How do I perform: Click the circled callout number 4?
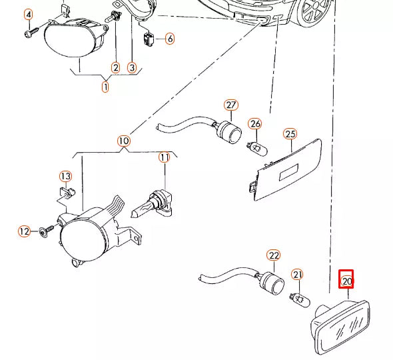pyautogui.click(x=29, y=15)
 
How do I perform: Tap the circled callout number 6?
pyautogui.click(x=170, y=39)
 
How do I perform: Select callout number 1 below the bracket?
pyautogui.click(x=105, y=87)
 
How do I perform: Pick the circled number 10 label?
pyautogui.click(x=124, y=141)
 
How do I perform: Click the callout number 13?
pyautogui.click(x=66, y=176)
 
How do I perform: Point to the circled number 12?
pyautogui.click(x=25, y=231)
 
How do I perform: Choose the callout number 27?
pyautogui.click(x=231, y=105)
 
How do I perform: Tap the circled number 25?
pyautogui.click(x=290, y=134)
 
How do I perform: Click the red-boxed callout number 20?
pyautogui.click(x=346, y=279)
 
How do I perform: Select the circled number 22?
pyautogui.click(x=274, y=255)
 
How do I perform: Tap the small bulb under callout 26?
pyautogui.click(x=257, y=149)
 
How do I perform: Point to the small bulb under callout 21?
pyautogui.click(x=300, y=299)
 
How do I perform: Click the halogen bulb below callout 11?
pyautogui.click(x=152, y=205)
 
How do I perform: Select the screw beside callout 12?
pyautogui.click(x=47, y=231)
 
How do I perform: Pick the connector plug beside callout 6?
pyautogui.click(x=149, y=39)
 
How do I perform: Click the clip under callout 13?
pyautogui.click(x=67, y=193)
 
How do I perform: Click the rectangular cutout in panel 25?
pyautogui.click(x=288, y=172)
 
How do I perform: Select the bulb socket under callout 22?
pyautogui.click(x=273, y=283)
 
